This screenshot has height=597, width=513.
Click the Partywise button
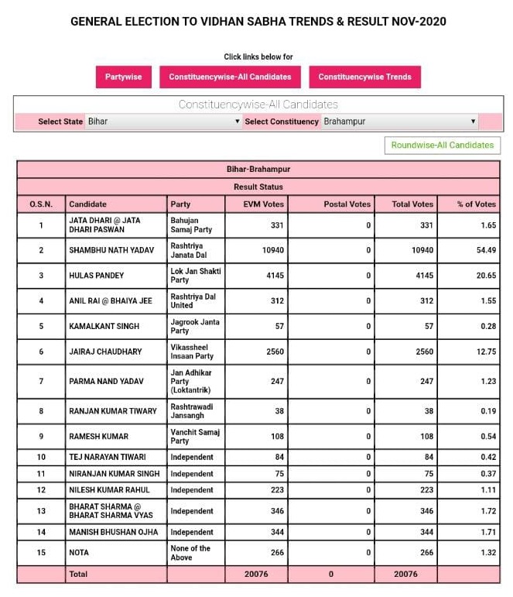(x=124, y=77)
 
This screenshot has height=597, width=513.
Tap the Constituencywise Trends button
(x=364, y=77)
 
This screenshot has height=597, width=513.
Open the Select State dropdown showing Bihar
(x=163, y=122)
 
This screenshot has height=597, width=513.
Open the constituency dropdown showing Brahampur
(x=399, y=122)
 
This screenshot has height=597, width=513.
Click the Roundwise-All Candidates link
(x=442, y=145)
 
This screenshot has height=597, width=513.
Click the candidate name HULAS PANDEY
(x=96, y=276)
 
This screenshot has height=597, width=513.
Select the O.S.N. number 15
(x=41, y=553)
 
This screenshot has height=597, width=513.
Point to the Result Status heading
(x=258, y=187)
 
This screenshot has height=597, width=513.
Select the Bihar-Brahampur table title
(x=258, y=169)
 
